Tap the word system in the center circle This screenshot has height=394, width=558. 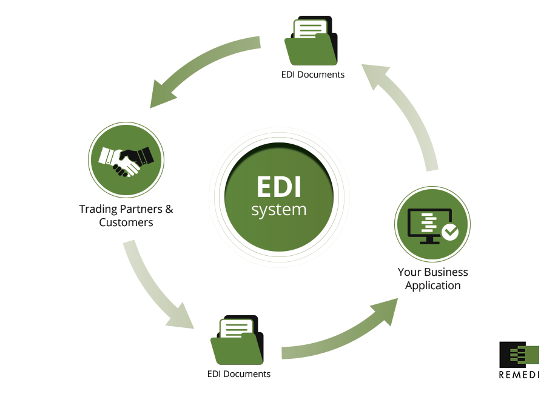278,210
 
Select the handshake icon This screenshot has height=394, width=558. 126,161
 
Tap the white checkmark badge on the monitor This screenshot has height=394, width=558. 450,232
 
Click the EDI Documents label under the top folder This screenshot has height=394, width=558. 312,75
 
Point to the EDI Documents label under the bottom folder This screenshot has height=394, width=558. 238,374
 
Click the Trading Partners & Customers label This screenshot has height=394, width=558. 126,216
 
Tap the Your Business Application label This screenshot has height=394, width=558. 432,279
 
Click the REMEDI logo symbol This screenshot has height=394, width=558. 518,355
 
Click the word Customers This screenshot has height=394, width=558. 126,222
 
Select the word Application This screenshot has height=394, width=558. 432,285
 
